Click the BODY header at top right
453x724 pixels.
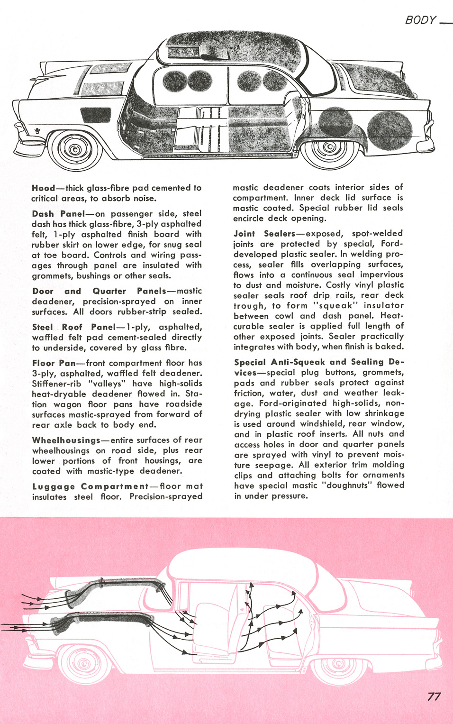420,20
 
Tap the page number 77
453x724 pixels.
434,697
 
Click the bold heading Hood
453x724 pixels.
43,188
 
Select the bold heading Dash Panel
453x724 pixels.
58,214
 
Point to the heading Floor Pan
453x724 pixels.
54,363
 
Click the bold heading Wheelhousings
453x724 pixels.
66,440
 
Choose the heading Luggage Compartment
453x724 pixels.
90,486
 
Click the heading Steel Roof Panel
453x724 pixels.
74,327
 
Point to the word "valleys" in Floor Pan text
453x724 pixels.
107,384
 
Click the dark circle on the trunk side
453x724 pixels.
390,130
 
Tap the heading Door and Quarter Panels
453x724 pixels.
100,291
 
